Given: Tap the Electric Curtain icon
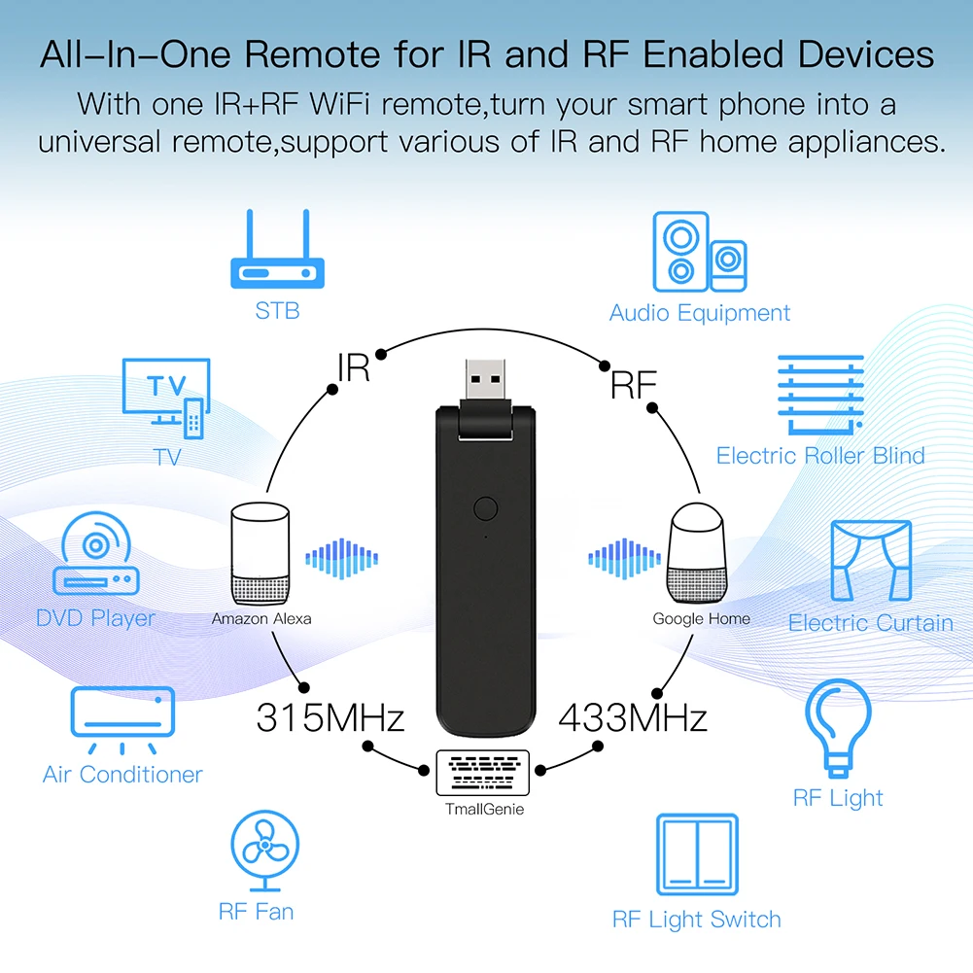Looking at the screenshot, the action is click(871, 563).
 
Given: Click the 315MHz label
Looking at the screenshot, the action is click(330, 719).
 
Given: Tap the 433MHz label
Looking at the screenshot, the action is click(633, 719).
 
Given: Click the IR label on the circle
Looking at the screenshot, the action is click(353, 368).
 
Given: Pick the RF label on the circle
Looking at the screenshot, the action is click(633, 385).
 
